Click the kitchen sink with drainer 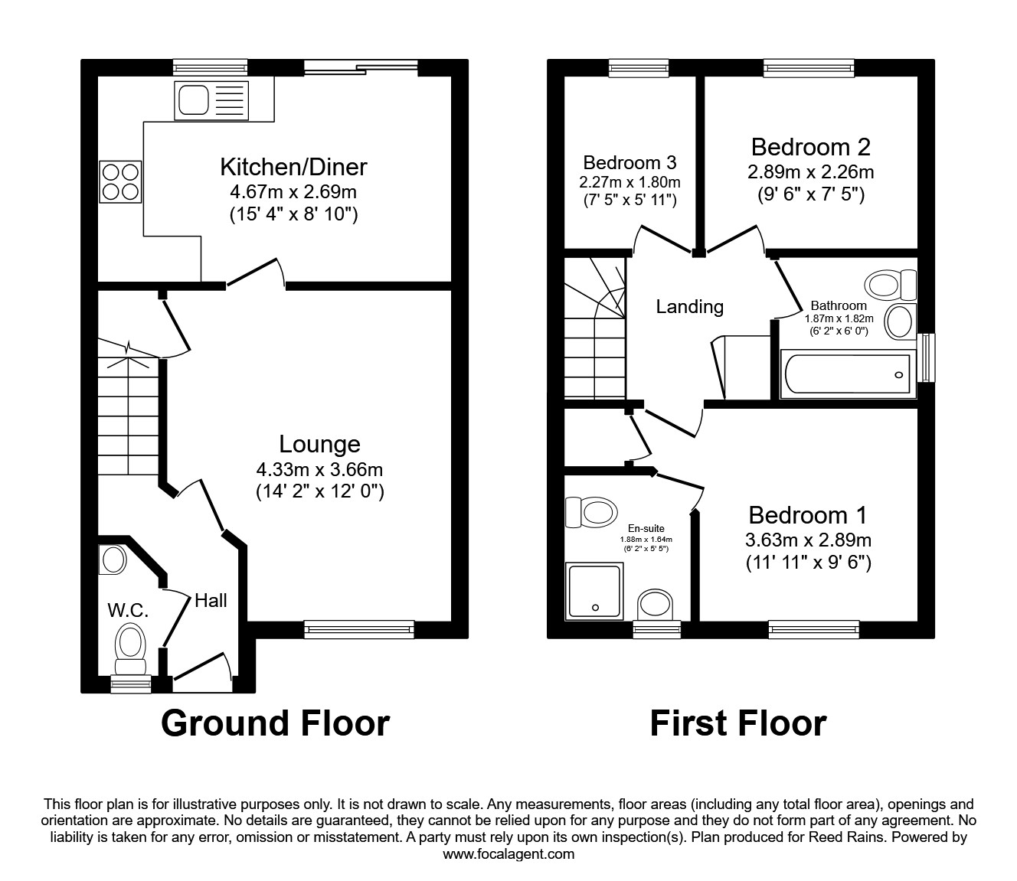pos(211,100)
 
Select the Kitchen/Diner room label pos(293,166)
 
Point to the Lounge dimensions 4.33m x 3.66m pos(319,468)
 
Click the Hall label pos(211,601)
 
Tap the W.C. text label pos(127,611)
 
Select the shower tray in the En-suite pos(594,592)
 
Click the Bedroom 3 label pos(629,162)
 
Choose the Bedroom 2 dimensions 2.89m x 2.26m pos(810,172)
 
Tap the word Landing pos(689,307)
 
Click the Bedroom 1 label pos(808,515)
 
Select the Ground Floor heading pos(275,723)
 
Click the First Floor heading pos(737,723)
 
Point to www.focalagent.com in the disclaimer pos(508,854)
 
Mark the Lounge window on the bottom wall pos(358,629)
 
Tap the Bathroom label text pos(839,305)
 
